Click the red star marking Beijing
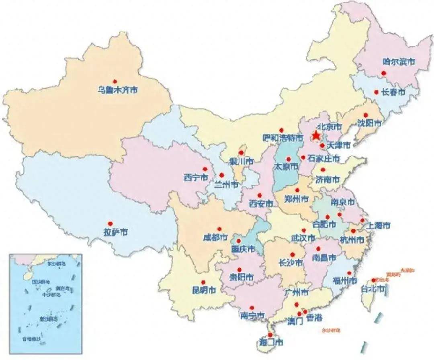(317, 135)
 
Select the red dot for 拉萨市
(109, 223)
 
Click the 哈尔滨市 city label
(399, 62)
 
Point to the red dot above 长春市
(376, 92)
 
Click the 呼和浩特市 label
(283, 138)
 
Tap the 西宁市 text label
(196, 177)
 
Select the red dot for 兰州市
(221, 175)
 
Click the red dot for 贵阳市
(240, 270)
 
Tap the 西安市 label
(260, 204)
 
